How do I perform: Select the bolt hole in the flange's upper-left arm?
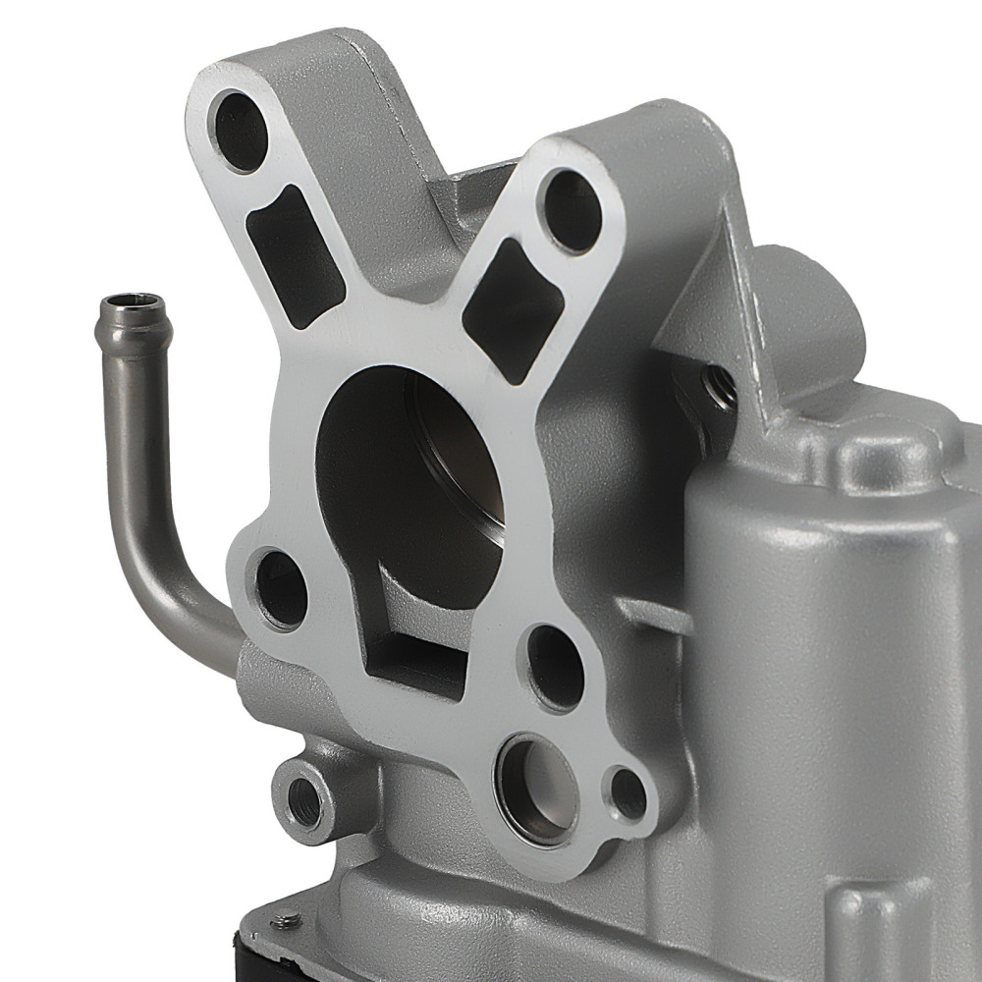pyautogui.click(x=239, y=131)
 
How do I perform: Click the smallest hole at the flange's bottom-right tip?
pyautogui.click(x=628, y=793)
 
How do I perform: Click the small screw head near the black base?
pyautogui.click(x=286, y=921)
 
